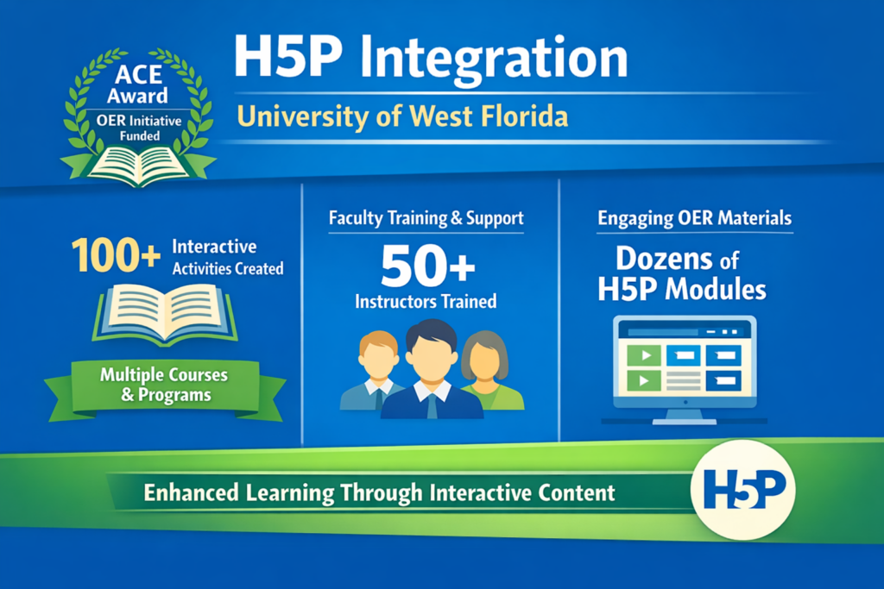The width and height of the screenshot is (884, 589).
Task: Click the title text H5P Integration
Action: tap(431, 59)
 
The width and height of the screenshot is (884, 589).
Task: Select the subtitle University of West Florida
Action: tap(402, 116)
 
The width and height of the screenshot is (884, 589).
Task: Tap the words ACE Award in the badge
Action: tap(137, 85)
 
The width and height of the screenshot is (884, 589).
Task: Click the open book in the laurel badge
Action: tap(139, 165)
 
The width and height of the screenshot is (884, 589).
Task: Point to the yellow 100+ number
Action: tap(117, 255)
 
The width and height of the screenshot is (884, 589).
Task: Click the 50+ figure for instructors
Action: tap(428, 266)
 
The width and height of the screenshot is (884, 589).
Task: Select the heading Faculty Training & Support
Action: tap(426, 218)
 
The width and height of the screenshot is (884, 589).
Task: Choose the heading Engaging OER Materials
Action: tap(695, 218)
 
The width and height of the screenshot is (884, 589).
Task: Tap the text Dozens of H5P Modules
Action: tap(682, 274)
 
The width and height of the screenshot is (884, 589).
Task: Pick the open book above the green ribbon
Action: tap(165, 313)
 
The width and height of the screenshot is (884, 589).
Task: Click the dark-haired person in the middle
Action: tap(432, 369)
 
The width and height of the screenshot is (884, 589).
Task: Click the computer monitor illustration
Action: tap(685, 369)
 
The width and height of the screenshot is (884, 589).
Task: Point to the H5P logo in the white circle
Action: tap(744, 489)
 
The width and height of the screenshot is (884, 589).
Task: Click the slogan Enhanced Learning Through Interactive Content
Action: tap(379, 492)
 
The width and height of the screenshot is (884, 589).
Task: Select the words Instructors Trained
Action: tap(426, 301)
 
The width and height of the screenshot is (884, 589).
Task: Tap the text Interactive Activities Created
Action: tap(228, 257)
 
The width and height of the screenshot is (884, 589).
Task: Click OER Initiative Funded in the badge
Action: tap(139, 128)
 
